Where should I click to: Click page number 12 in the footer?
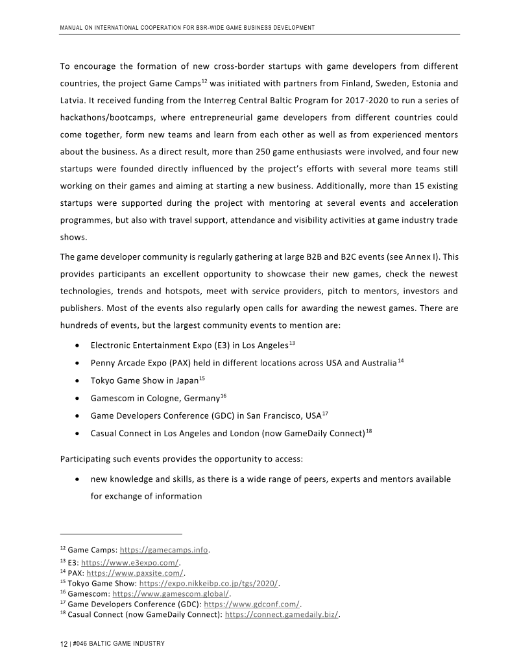[x=64, y=643]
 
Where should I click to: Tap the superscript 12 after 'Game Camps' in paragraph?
[x=203, y=81]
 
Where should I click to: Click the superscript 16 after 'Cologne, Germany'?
[x=223, y=395]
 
